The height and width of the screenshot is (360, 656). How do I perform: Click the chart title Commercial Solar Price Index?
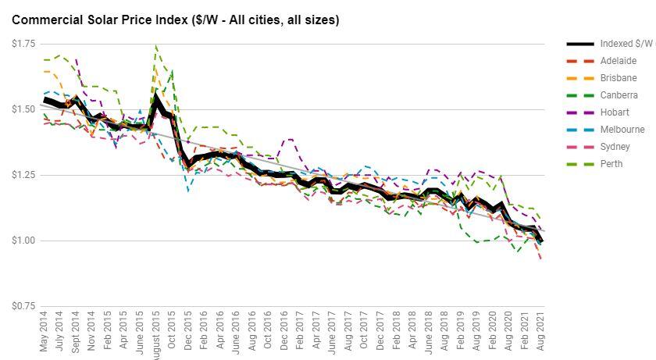tap(175, 20)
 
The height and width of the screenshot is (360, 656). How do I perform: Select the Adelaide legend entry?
tap(618, 61)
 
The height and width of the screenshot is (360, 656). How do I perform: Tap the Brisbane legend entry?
tap(618, 78)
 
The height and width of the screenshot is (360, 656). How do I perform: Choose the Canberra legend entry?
tap(618, 95)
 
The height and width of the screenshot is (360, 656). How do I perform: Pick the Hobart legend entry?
tap(615, 112)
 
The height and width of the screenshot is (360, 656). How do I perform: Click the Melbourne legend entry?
tap(622, 130)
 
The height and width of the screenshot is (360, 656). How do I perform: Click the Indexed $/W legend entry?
tap(626, 44)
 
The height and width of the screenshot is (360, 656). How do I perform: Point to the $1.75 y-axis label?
tap(23, 44)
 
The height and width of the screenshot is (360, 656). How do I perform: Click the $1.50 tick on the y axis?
tap(23, 109)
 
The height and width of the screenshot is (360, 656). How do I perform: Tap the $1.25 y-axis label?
tap(23, 175)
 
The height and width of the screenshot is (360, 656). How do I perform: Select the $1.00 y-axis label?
tap(23, 241)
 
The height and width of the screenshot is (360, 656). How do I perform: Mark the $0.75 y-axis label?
tap(23, 306)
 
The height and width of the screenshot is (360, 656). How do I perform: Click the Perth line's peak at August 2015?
tap(156, 46)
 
